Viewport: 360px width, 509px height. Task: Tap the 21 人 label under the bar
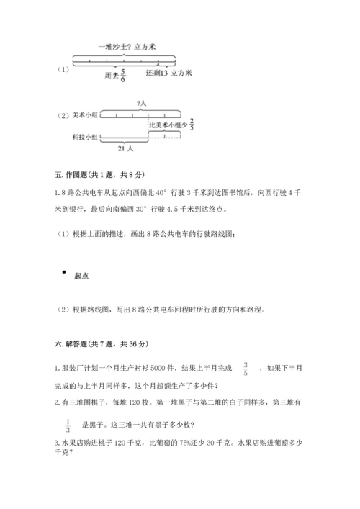click(125, 148)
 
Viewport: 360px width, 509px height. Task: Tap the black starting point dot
click(65, 272)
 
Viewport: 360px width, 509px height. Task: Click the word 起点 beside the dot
click(81, 275)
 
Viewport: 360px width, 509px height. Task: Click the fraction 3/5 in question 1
click(246, 369)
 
